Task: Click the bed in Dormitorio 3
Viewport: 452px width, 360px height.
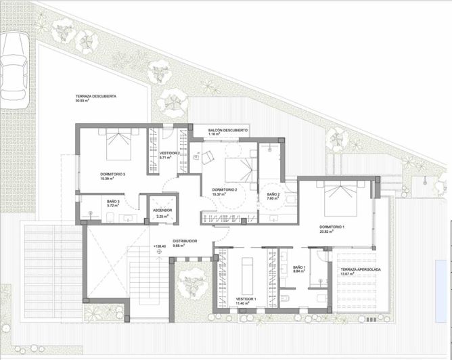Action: coord(118,143)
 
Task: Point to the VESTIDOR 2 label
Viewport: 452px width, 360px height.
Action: coord(171,154)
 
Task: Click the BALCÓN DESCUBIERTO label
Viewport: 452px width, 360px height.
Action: coord(223,129)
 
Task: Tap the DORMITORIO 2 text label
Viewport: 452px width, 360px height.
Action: coord(224,189)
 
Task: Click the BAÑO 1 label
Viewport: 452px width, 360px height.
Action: coord(300,267)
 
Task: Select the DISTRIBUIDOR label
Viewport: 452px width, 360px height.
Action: coord(184,241)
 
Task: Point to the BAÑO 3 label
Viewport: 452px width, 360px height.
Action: coord(113,201)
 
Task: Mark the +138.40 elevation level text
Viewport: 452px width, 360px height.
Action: coord(160,246)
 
